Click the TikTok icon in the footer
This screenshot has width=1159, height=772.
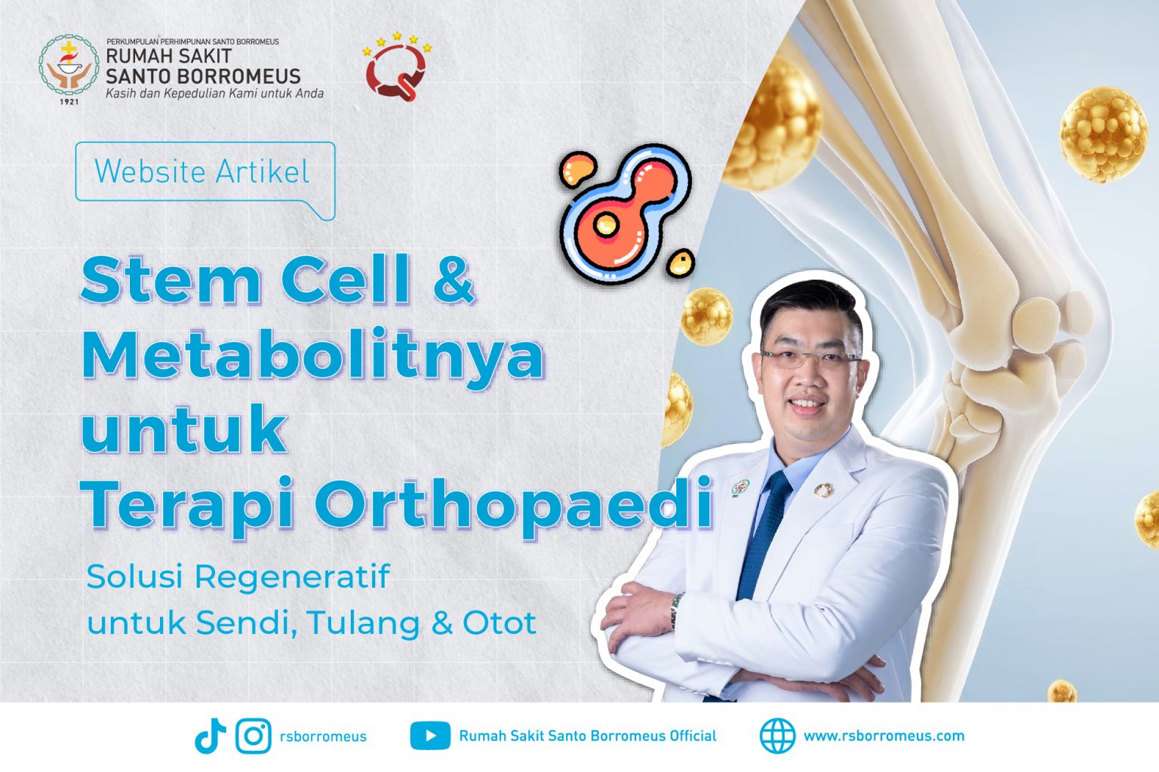point(210,736)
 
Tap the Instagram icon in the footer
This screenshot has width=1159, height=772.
point(254,736)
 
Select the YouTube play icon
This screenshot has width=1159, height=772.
point(430,736)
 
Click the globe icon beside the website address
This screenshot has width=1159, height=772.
point(777,735)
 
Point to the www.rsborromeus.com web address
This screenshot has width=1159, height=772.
point(884,736)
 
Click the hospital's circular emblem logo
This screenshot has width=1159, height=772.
point(69,65)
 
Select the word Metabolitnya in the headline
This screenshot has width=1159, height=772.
point(312,357)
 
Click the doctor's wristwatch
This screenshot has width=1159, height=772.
point(676,610)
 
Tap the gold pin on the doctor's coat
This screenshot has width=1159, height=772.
point(823,490)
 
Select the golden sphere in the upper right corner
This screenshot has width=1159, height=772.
point(1104,134)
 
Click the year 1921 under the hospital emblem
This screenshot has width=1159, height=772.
point(69,101)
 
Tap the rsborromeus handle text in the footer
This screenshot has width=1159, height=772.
point(323,737)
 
